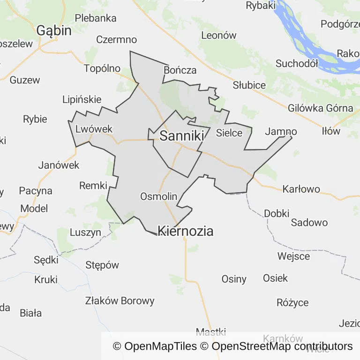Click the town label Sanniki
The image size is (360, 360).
click(182, 136)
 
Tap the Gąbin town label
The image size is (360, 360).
click(54, 31)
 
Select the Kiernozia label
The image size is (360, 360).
click(186, 231)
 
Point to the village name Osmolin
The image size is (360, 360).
click(159, 196)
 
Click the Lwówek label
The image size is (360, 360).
click(94, 129)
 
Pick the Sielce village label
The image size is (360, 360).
click(229, 133)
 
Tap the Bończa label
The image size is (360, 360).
click(180, 70)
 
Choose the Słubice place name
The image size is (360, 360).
click(249, 85)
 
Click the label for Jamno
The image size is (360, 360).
click(281, 132)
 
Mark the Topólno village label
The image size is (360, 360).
click(102, 68)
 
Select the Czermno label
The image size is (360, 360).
click(117, 40)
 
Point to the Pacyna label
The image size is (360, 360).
click(36, 191)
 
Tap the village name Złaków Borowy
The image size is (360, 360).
click(120, 300)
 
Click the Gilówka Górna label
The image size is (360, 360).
click(321, 108)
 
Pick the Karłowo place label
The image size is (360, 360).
click(301, 189)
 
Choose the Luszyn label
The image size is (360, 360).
click(85, 232)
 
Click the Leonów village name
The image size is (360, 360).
click(219, 35)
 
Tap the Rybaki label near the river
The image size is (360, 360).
click(261, 6)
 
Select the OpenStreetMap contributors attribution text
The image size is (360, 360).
click(282, 346)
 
